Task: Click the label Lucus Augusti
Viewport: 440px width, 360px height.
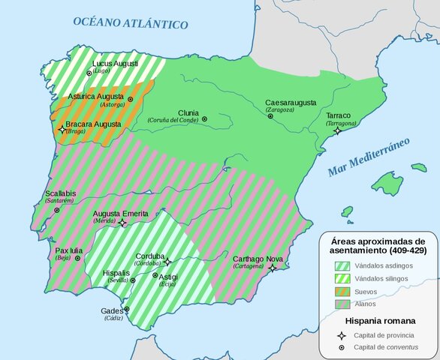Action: [115, 64]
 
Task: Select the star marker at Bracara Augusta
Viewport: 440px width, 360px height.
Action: [62, 130]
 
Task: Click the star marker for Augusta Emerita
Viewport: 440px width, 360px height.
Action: [122, 223]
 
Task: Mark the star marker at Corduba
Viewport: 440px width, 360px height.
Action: [168, 262]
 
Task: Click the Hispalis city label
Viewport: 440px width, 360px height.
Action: [116, 272]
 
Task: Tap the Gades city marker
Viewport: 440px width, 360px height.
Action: [126, 308]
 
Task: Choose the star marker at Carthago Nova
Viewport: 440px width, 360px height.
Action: [273, 268]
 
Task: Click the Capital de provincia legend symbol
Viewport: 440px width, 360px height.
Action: [342, 335]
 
